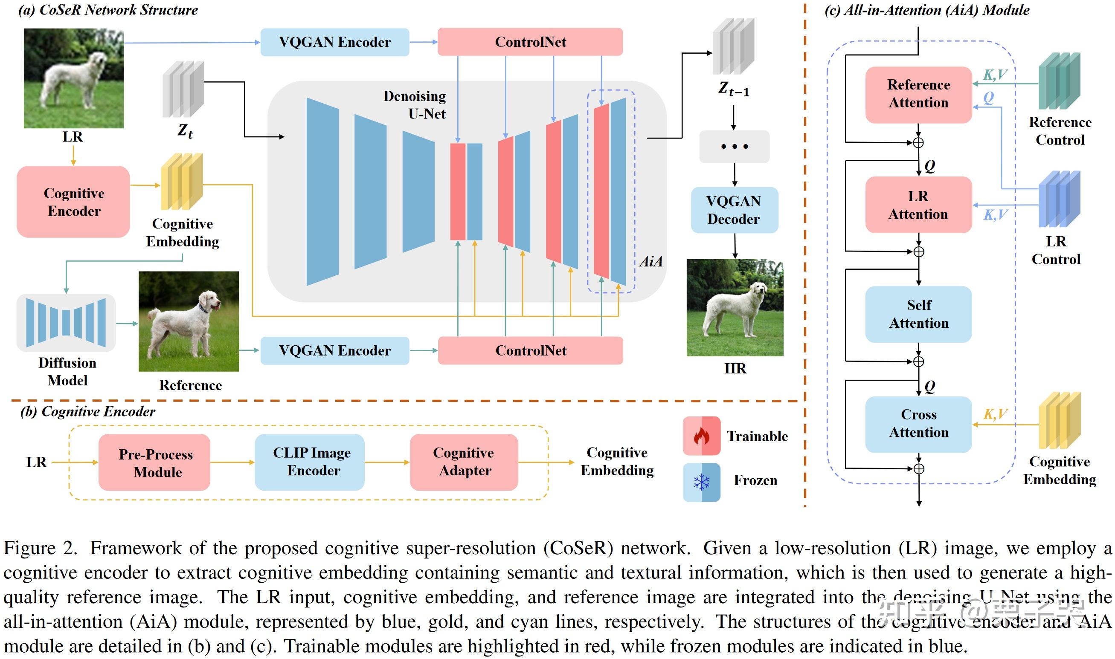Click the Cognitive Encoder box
[x=73, y=202]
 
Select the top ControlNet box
[x=530, y=42]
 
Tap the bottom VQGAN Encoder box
[x=334, y=350]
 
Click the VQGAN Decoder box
[x=734, y=210]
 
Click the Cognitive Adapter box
[x=464, y=462]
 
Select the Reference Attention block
[x=918, y=94]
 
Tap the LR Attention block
[x=918, y=205]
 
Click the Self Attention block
[x=918, y=314]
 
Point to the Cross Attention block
[x=918, y=424]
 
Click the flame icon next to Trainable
[x=701, y=436]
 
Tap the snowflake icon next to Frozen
[x=701, y=482]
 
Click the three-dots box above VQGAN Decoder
[x=734, y=146]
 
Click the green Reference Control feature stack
[x=1059, y=81]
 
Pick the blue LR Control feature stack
[x=1059, y=199]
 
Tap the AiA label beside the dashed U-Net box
[x=651, y=262]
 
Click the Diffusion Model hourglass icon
[x=66, y=323]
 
